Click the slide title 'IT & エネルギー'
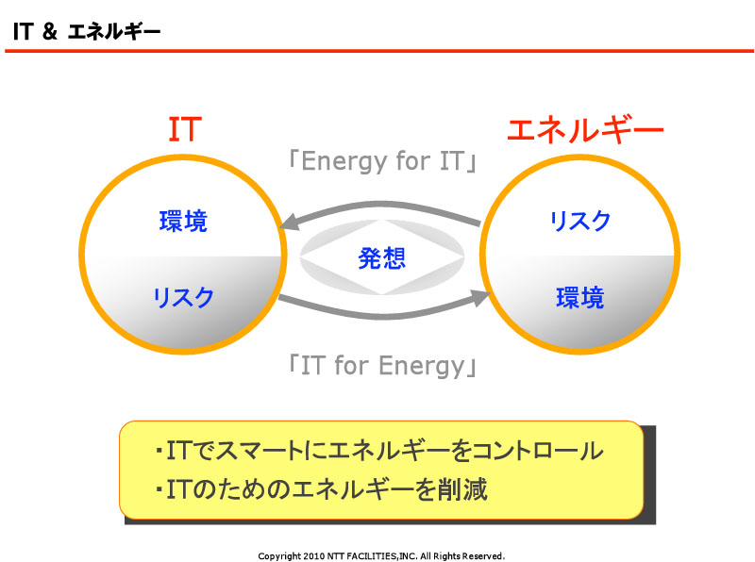click(87, 32)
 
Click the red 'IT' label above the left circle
click(185, 129)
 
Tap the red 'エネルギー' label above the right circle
click(585, 130)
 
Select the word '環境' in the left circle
click(183, 222)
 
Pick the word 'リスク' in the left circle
click(183, 297)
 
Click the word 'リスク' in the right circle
click(580, 221)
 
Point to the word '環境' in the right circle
click(580, 297)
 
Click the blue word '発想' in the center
click(382, 258)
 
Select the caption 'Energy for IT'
click(383, 161)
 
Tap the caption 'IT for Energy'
click(383, 366)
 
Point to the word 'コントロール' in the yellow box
click(538, 451)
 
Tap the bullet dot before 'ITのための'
click(159, 490)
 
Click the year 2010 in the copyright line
click(314, 556)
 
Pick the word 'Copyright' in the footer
click(279, 556)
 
